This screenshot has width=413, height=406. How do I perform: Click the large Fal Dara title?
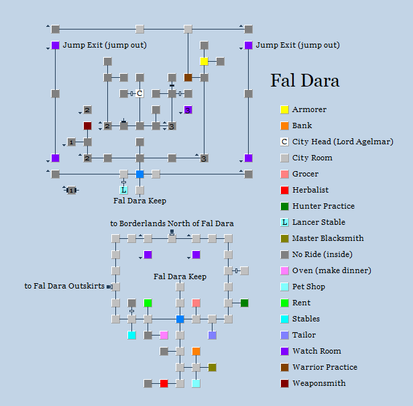tap(305, 81)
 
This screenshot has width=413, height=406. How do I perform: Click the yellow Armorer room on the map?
tap(204, 62)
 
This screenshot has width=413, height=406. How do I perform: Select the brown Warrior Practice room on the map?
tap(188, 78)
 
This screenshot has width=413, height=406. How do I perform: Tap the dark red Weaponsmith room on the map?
tap(87, 126)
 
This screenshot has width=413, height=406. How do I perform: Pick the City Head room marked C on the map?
tap(139, 94)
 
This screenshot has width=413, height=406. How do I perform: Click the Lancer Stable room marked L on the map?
tap(123, 191)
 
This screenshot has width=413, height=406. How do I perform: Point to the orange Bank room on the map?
tap(196, 351)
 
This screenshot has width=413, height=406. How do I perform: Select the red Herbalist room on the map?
tap(164, 384)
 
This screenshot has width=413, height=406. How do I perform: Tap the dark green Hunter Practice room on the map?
tap(244, 303)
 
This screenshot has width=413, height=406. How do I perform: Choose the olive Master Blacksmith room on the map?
tap(212, 367)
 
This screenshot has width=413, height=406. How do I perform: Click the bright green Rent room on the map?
tap(147, 303)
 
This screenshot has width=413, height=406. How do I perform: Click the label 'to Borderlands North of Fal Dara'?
tap(172, 223)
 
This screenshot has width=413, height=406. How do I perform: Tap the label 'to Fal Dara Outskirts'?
tap(64, 286)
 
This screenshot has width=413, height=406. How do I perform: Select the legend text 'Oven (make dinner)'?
tap(331, 270)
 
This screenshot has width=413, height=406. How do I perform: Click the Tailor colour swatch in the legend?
tap(284, 335)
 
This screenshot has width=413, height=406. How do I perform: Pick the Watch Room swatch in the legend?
tap(284, 351)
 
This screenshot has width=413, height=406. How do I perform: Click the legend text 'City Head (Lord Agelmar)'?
tap(343, 142)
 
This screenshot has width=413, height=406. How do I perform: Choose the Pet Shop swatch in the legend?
tap(284, 287)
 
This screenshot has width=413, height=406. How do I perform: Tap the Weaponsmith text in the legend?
tap(318, 383)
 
